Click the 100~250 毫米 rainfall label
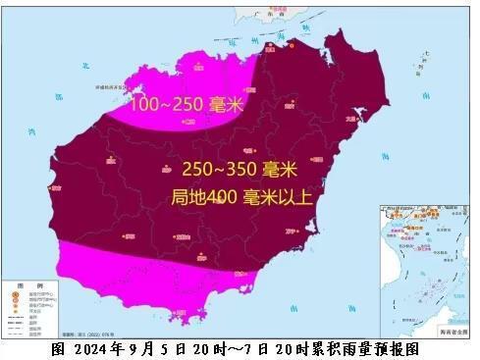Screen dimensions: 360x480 coord(187,103)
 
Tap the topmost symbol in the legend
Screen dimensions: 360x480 coord(13,291)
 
